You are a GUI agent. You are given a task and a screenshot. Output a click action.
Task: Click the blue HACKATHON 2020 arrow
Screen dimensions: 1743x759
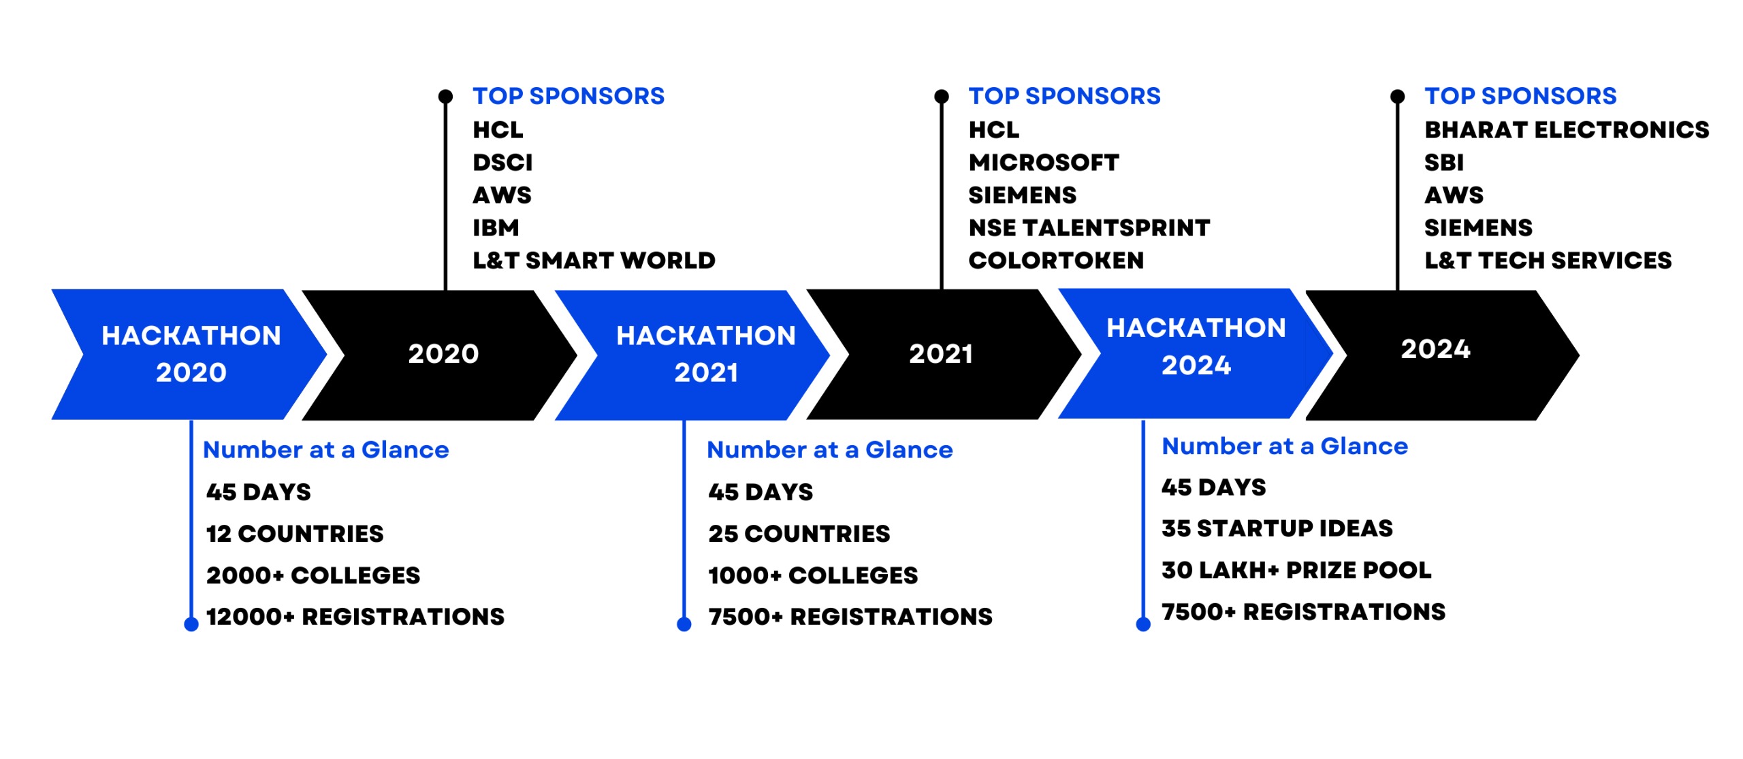(x=191, y=354)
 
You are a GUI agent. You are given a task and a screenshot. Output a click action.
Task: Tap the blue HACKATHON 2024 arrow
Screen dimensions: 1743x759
(x=1196, y=353)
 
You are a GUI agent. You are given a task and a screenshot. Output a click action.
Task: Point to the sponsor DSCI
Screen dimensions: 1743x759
(x=502, y=163)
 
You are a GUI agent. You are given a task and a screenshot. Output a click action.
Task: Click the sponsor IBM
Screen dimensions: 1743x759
(x=496, y=228)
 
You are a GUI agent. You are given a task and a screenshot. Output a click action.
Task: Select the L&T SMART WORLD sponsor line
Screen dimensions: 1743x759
(x=594, y=261)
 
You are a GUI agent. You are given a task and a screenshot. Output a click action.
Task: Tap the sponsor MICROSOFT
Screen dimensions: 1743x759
(x=1043, y=163)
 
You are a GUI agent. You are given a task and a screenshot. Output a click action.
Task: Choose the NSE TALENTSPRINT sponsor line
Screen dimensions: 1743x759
(x=1089, y=228)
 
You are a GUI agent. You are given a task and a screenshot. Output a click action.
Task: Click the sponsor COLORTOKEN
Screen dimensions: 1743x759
(x=1056, y=261)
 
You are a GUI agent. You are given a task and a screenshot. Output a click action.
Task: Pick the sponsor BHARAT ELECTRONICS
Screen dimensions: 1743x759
(x=1567, y=130)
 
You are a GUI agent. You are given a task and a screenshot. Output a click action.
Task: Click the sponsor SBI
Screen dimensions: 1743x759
(x=1443, y=163)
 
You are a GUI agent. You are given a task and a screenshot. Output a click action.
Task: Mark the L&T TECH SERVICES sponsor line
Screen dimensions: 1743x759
(x=1548, y=261)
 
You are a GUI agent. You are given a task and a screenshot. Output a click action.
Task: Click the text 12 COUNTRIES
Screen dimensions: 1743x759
(x=295, y=534)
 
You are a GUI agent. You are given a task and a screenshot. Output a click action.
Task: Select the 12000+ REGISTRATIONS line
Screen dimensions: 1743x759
(x=355, y=617)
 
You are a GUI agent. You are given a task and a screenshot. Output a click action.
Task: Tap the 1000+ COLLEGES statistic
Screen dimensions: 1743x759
(x=813, y=575)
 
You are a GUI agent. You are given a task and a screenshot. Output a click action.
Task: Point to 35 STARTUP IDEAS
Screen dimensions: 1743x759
(x=1277, y=528)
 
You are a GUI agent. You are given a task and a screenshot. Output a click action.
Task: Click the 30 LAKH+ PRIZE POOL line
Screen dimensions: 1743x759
(x=1296, y=570)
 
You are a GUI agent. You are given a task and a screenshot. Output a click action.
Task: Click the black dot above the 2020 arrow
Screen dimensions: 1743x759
(x=445, y=97)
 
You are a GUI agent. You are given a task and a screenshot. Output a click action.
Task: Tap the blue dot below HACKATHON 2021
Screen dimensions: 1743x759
(x=684, y=624)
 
